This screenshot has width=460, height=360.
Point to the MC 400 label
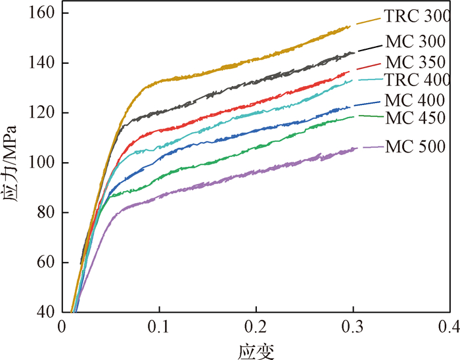click(x=417, y=101)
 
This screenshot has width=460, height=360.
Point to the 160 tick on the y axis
click(x=41, y=14)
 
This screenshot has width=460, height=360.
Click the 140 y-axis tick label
click(x=41, y=64)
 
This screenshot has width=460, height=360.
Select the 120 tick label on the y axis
click(x=41, y=113)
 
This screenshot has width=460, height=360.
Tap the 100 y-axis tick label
click(x=41, y=163)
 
